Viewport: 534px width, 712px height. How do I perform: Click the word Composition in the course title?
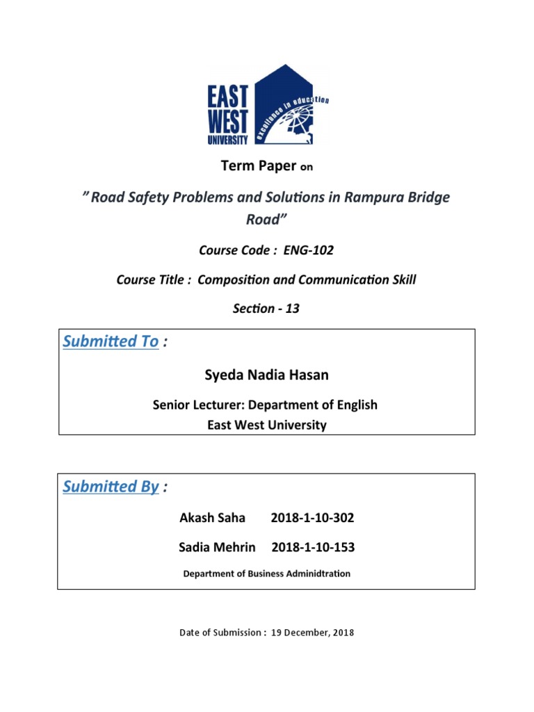pyautogui.click(x=234, y=280)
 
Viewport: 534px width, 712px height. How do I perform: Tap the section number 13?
pyautogui.click(x=292, y=309)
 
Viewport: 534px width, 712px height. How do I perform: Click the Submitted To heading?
pyautogui.click(x=111, y=341)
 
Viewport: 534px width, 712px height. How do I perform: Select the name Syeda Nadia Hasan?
pyautogui.click(x=267, y=375)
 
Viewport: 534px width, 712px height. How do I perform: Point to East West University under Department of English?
pyautogui.click(x=267, y=425)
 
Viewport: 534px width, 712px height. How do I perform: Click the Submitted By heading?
pyautogui.click(x=111, y=487)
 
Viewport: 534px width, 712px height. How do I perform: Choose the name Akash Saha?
pyautogui.click(x=209, y=519)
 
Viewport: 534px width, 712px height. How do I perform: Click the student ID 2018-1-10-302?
pyautogui.click(x=313, y=519)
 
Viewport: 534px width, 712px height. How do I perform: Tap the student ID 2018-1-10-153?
pyautogui.click(x=313, y=547)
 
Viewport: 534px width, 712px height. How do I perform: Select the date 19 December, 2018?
pyautogui.click(x=311, y=633)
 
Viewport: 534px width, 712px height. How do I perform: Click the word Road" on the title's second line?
pyautogui.click(x=266, y=220)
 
